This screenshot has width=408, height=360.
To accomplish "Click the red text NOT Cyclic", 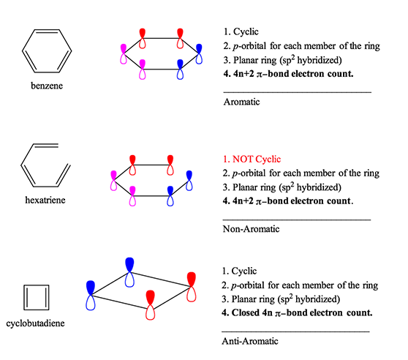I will pyautogui.click(x=252, y=159).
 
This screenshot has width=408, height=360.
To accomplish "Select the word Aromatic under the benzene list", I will pyautogui.click(x=241, y=102).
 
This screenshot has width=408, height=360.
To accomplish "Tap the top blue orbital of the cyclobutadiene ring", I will pyautogui.click(x=130, y=271).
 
